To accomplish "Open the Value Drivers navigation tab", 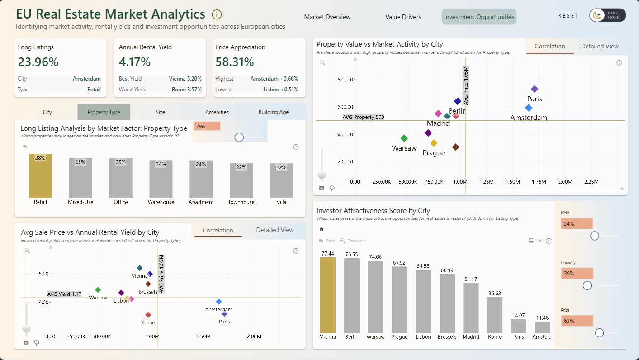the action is (403, 17).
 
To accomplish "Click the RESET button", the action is (568, 16).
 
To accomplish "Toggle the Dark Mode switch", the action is (607, 15).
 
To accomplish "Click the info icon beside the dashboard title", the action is (217, 14).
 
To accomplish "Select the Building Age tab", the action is (273, 112).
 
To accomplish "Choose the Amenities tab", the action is (217, 112).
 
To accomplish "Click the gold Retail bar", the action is (40, 176).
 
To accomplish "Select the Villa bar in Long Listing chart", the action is (281, 180).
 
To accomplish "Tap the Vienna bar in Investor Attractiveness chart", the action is (328, 295).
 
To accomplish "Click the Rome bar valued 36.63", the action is (495, 315).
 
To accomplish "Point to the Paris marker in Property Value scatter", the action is (534, 89).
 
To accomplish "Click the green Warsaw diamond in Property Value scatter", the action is (404, 138).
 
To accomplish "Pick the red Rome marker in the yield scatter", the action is (148, 315).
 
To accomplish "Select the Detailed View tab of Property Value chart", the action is (600, 46).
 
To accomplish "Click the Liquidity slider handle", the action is (587, 285).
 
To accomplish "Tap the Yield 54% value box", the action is (577, 224).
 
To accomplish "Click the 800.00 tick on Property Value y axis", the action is (345, 80).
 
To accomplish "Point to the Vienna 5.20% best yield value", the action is (185, 78).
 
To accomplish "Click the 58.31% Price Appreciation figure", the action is (235, 62).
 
